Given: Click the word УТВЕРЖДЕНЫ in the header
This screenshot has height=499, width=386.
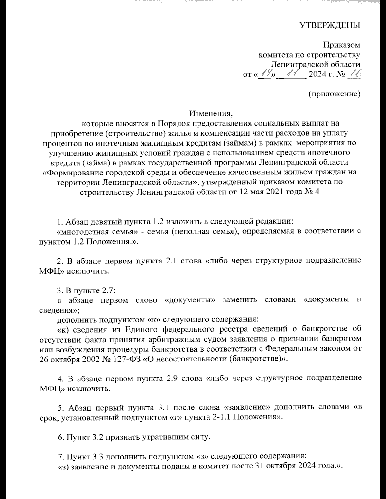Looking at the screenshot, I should click(x=330, y=25).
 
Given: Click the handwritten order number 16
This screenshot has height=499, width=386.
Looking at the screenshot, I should click(x=354, y=74).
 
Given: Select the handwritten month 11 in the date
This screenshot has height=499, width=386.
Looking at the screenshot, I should click(x=293, y=74).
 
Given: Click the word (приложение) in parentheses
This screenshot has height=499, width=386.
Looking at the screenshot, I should click(x=334, y=94).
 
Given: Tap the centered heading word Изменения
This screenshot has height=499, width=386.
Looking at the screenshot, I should click(x=210, y=113).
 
